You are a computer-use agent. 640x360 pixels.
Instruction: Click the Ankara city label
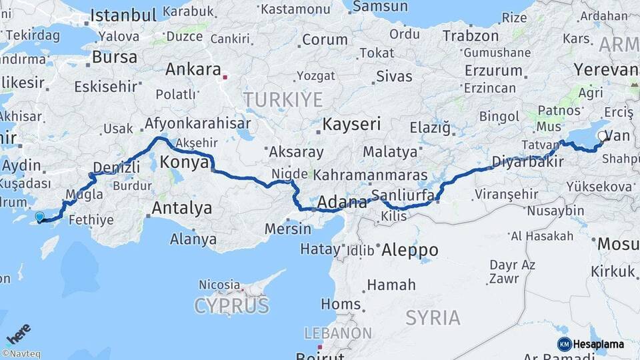click(x=193, y=69)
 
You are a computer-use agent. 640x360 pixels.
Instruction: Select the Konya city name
click(x=184, y=162)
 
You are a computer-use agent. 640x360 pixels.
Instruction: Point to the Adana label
click(x=343, y=202)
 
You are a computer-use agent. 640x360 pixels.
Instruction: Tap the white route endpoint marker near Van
click(x=602, y=136)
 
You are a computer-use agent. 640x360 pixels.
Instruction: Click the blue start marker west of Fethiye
click(x=39, y=217)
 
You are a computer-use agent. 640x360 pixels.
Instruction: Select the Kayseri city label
click(x=351, y=124)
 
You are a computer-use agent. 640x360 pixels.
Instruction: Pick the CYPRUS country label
click(x=232, y=306)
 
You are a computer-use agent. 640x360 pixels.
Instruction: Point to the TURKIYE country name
click(x=283, y=100)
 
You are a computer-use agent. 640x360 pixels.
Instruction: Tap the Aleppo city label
click(x=409, y=251)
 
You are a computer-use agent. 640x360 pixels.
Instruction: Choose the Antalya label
click(x=181, y=209)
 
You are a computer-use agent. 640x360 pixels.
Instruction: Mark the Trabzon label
click(x=471, y=35)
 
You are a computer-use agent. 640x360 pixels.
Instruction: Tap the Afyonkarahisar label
click(x=197, y=123)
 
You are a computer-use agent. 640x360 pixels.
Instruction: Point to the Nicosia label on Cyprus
click(x=219, y=285)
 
